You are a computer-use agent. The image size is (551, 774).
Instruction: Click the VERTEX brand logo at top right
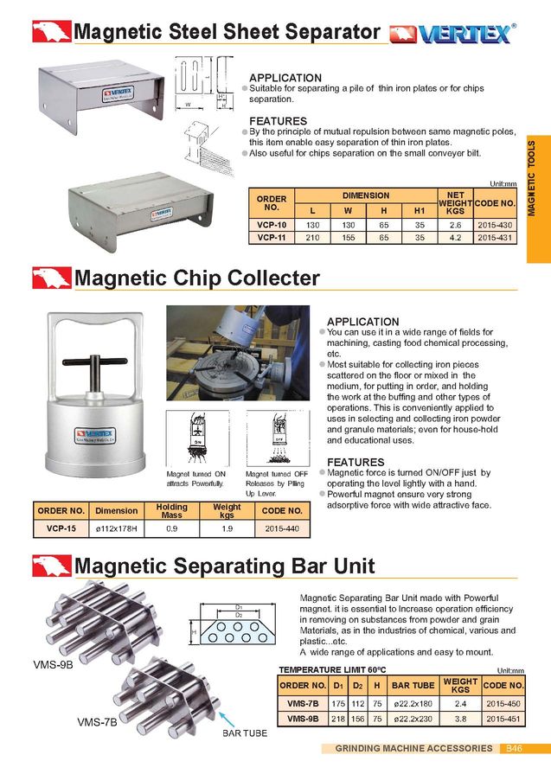coord(452,34)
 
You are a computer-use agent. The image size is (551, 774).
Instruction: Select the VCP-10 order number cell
coord(272,224)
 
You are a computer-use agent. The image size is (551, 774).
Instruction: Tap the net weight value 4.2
coord(455,236)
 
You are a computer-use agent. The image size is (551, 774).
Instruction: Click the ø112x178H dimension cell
coord(116,527)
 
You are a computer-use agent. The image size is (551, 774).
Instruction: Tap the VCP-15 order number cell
coord(59,527)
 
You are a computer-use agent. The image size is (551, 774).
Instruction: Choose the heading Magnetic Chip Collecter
coord(197,278)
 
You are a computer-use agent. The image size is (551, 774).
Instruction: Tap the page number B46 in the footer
coord(514,748)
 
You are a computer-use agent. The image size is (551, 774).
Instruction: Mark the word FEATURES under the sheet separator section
coord(278,121)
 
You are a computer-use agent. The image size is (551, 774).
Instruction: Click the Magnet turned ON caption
coord(195,475)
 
